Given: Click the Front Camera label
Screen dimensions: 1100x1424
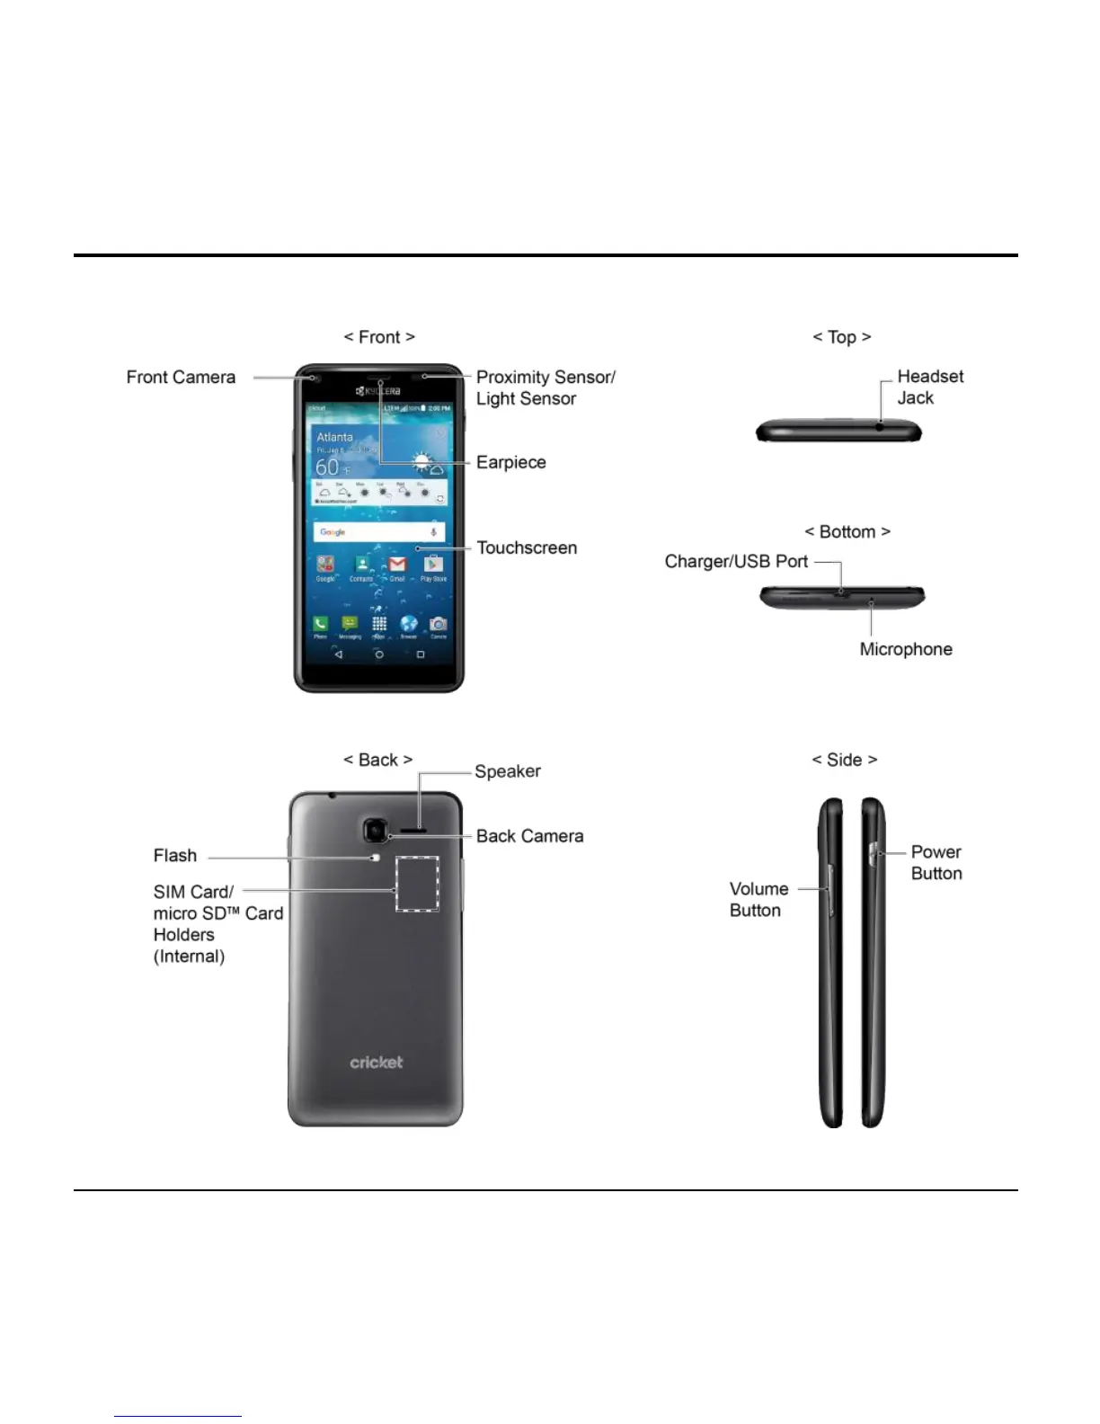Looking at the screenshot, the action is coord(181,378).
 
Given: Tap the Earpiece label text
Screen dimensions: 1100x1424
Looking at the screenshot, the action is coord(510,462).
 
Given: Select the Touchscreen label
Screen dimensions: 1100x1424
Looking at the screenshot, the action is coord(527,547).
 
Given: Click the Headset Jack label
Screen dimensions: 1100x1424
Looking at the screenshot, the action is coord(929,387).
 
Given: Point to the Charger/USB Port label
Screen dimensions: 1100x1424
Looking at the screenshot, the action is coord(736,562).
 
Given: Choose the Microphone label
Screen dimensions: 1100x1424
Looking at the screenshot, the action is coord(905,649).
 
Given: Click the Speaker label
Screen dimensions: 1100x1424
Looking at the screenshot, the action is coord(508,771).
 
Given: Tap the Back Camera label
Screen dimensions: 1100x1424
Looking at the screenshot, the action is coord(529,836).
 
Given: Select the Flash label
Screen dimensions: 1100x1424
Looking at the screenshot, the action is coord(175,856).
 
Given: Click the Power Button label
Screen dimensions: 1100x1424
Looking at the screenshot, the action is coord(936,863).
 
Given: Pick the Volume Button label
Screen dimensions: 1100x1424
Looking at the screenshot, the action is coord(758,900).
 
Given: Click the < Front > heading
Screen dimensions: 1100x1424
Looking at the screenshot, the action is coord(379,337).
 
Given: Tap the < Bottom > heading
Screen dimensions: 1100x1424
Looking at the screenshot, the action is coord(847,532).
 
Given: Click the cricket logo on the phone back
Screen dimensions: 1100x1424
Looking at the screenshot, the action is coord(377,1063).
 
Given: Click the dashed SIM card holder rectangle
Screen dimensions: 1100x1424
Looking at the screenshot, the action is coord(418,884).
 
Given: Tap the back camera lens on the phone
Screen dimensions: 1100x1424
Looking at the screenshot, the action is coord(375,831).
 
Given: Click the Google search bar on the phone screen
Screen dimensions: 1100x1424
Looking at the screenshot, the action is coord(378,532).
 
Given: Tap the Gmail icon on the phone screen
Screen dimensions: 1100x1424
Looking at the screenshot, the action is coord(397,565).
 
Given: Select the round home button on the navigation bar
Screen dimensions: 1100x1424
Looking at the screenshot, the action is coord(379,655).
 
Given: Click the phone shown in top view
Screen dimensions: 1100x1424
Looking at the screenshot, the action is coord(838,432).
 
